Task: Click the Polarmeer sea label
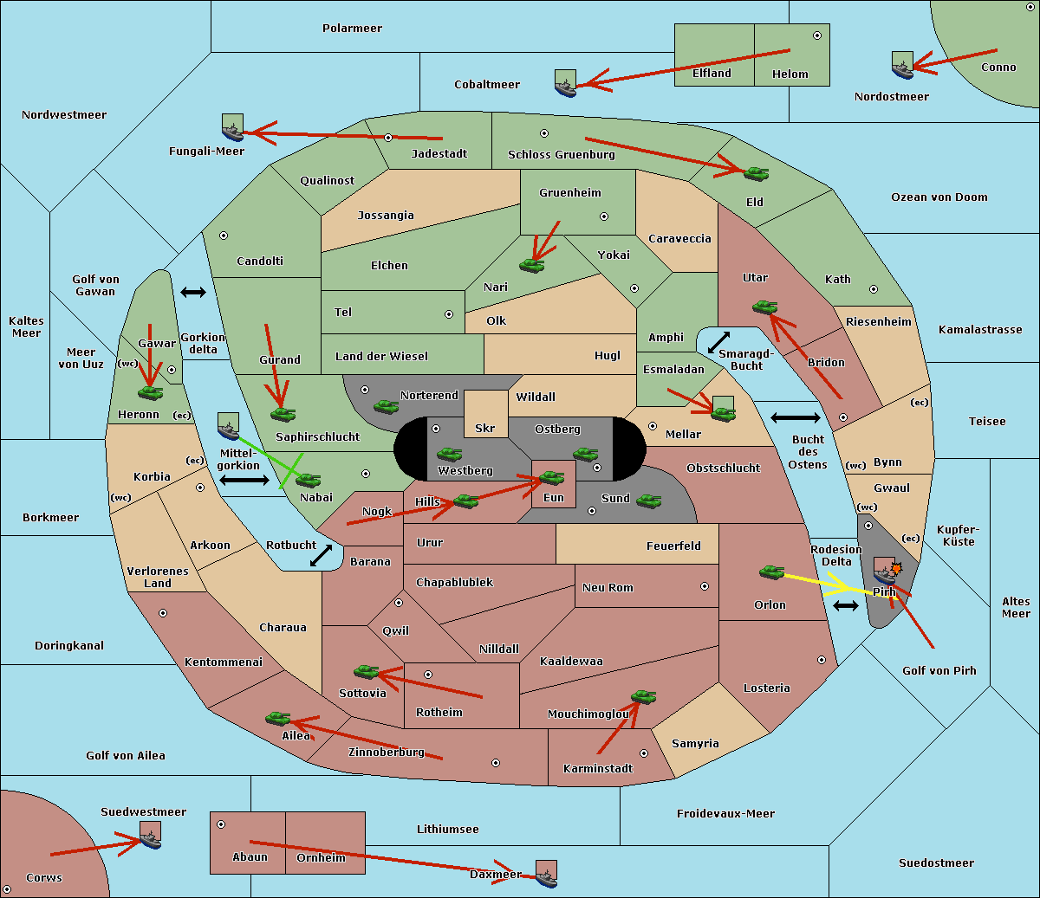tap(352, 29)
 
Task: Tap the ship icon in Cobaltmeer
tap(566, 84)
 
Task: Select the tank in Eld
tap(757, 174)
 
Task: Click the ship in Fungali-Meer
tap(232, 127)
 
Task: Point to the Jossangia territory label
tap(386, 216)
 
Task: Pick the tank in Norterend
tap(386, 406)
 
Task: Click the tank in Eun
tap(551, 478)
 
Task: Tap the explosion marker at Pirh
tap(896, 569)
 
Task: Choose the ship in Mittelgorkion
tap(229, 426)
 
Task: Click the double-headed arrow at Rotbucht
tap(321, 555)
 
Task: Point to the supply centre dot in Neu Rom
tap(705, 586)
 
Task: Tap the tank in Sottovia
tap(366, 671)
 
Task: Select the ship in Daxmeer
tap(546, 874)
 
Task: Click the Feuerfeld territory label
tap(673, 546)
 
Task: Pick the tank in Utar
tap(764, 307)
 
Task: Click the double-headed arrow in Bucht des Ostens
tap(796, 417)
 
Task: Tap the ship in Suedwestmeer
tap(150, 835)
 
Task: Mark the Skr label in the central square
tap(485, 428)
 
